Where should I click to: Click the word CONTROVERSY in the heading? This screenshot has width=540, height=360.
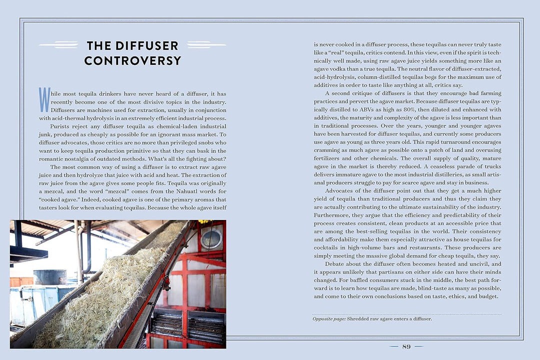point(132,61)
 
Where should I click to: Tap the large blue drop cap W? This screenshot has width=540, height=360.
point(44,99)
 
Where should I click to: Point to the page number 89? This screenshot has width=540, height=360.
point(406,346)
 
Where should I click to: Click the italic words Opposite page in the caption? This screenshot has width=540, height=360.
point(328,319)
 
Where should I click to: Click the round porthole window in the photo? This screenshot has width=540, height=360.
point(211,239)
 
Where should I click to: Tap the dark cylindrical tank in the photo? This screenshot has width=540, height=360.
point(49,277)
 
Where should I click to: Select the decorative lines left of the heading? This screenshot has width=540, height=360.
point(58,45)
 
